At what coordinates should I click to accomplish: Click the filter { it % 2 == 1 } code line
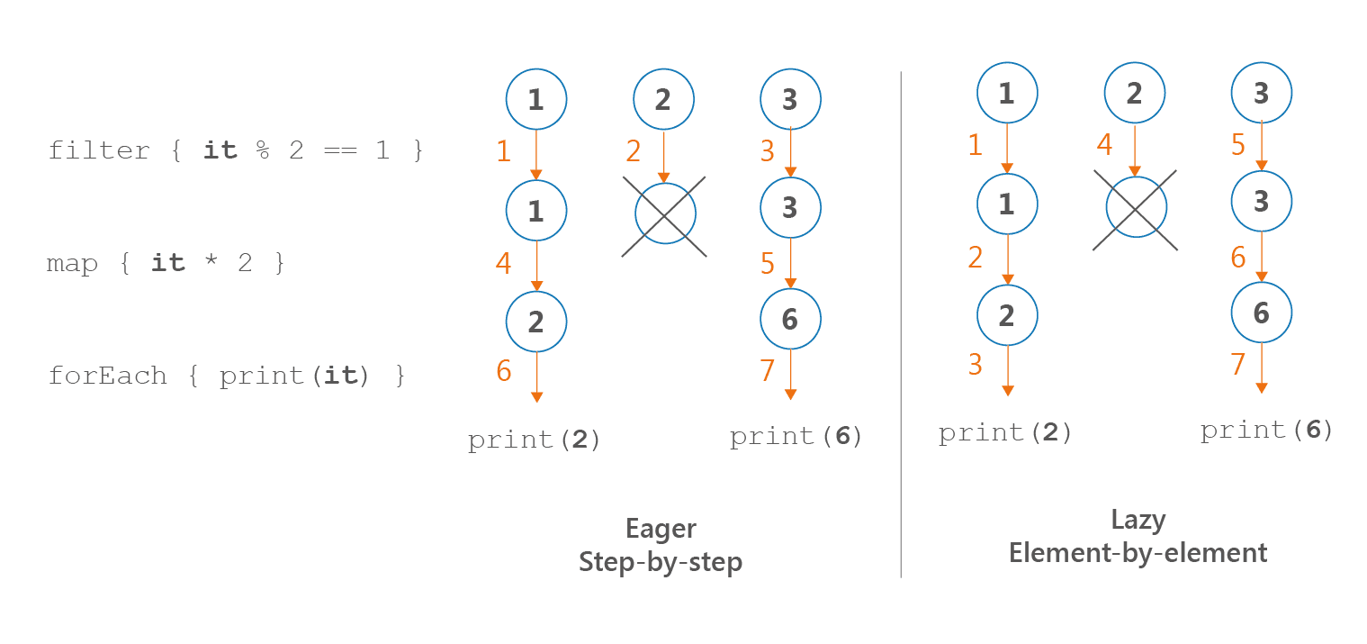point(236,150)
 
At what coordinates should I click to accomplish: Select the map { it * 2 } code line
point(166,264)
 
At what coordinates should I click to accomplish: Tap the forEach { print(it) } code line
point(228,376)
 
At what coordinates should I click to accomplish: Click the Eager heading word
point(661,529)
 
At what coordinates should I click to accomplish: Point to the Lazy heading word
point(1138,520)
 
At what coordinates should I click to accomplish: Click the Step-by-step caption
point(661,562)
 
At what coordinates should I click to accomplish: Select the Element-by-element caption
point(1138,552)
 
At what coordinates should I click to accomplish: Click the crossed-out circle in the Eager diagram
point(665,214)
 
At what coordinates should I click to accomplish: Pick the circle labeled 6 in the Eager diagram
point(790,319)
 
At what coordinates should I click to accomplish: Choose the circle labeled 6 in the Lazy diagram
point(1261,313)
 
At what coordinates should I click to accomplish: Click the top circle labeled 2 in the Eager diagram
point(663,99)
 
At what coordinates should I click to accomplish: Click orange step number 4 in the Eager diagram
point(504,264)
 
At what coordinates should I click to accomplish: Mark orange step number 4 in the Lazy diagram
point(1104,145)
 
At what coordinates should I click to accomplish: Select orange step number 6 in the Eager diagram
point(504,370)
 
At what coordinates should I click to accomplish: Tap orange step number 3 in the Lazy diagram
point(976,365)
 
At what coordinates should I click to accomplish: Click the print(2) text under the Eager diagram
point(535,440)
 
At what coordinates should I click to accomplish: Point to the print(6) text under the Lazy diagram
point(1267,431)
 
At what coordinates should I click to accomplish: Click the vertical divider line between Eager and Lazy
point(901,324)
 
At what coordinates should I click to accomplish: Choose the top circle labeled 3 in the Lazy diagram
point(1261,93)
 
